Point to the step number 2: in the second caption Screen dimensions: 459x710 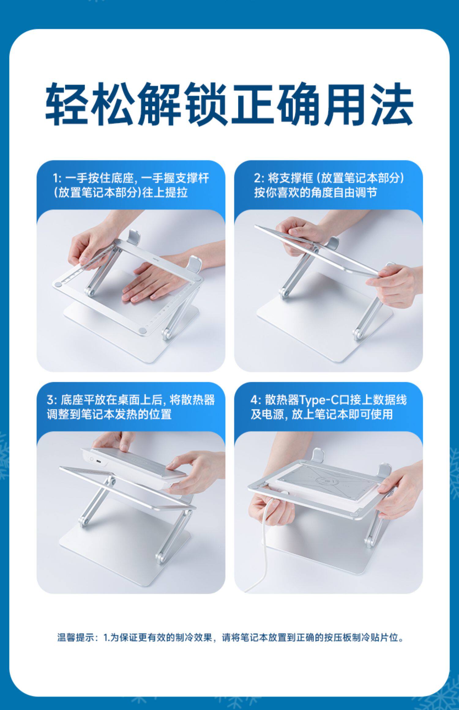259,178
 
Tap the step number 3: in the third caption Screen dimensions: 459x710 52,400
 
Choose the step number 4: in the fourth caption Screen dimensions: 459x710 256,400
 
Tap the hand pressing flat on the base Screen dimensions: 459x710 153,283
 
